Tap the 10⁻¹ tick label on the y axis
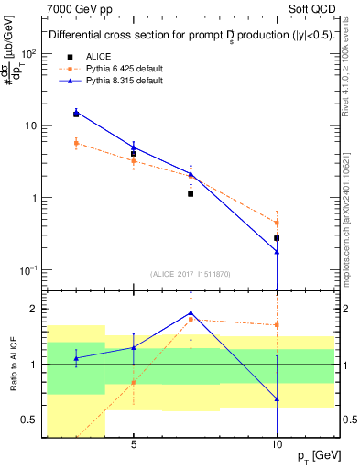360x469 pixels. [x=29, y=270]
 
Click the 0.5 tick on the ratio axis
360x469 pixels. [x=32, y=420]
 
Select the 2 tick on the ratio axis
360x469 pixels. [x=36, y=309]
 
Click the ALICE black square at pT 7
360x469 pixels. [x=191, y=194]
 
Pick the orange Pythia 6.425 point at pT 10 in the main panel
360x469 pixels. [x=277, y=223]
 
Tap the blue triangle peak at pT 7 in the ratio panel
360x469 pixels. [x=191, y=313]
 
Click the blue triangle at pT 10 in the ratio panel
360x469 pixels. [x=277, y=399]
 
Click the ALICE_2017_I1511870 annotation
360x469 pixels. [x=191, y=274]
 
